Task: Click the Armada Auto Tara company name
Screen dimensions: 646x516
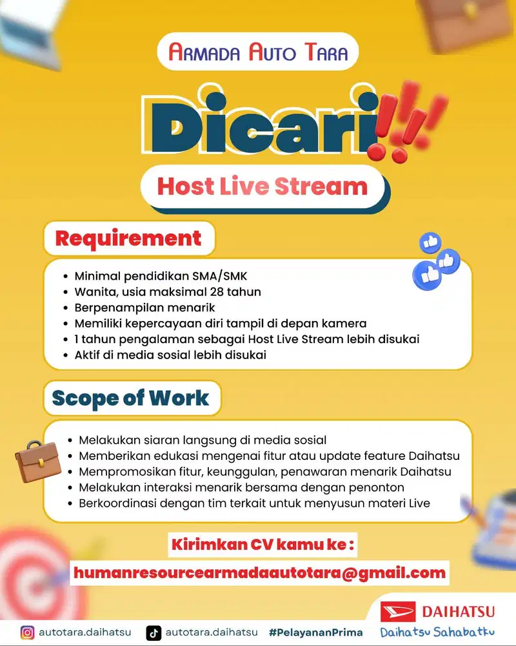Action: (x=258, y=52)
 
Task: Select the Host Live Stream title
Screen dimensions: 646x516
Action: (x=263, y=187)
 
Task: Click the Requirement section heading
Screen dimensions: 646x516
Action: (x=128, y=238)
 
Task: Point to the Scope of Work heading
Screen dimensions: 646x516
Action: (x=131, y=397)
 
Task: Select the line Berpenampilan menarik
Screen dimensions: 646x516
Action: (x=144, y=307)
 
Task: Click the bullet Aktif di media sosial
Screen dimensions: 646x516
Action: (x=170, y=355)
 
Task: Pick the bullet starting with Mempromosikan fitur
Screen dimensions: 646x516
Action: (x=264, y=472)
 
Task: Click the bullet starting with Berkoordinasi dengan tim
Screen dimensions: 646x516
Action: (x=254, y=503)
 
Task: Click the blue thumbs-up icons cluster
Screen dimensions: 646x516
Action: (x=437, y=262)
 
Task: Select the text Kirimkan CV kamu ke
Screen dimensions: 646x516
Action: (x=263, y=545)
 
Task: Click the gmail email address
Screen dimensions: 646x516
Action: (x=259, y=572)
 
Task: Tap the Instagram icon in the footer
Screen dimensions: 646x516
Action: (x=27, y=632)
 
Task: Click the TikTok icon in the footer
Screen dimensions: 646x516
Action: (x=153, y=632)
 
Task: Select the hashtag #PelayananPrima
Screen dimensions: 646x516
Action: (x=315, y=632)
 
